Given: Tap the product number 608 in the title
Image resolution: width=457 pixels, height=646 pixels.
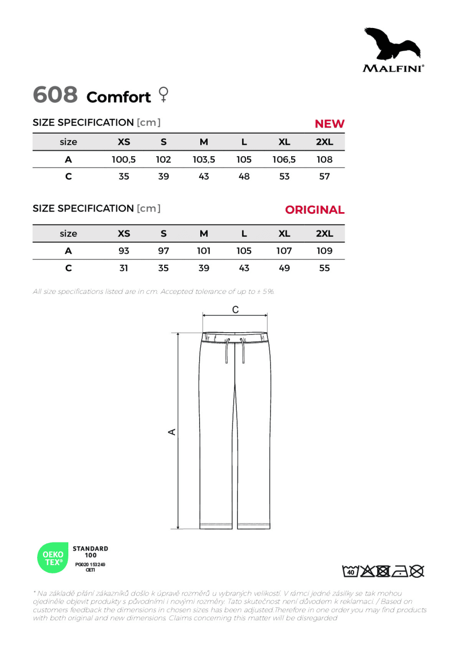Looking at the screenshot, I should [55, 95].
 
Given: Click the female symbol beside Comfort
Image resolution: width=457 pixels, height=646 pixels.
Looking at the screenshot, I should [163, 95].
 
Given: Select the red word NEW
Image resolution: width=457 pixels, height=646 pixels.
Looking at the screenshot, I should [329, 124].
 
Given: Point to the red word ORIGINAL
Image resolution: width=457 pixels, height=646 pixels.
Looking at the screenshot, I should [314, 210].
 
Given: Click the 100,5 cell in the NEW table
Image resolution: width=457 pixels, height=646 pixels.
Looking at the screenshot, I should [124, 159].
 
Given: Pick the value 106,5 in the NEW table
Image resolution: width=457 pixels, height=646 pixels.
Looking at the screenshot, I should [284, 159].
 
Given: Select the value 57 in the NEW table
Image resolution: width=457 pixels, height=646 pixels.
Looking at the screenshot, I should [324, 177].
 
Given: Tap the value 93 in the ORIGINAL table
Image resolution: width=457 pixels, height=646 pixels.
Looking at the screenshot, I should [124, 251].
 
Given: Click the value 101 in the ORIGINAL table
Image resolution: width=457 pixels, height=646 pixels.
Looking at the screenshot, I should [203, 251].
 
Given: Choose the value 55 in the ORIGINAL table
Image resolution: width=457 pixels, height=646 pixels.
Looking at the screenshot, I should [324, 268].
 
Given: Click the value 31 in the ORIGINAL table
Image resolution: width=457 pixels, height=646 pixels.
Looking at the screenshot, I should [124, 268].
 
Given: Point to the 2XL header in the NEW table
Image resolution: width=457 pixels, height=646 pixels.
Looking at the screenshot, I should [324, 142].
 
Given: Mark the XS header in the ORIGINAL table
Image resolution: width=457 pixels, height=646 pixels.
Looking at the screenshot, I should [124, 234].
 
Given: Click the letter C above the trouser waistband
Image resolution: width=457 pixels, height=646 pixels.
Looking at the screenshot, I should [235, 310].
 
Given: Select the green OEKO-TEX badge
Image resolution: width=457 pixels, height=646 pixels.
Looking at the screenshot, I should [52, 557].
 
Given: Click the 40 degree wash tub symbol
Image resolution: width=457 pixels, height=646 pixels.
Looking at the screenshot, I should [350, 571].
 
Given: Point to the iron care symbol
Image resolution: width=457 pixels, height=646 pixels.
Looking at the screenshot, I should [399, 571].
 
